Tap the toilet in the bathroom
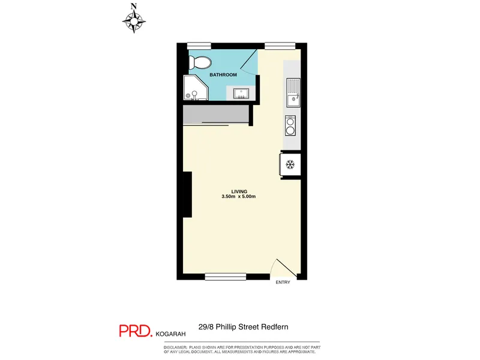pos(200,62)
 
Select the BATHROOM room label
pos(223,74)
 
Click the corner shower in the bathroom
pos(196,88)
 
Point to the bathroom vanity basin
pos(241,94)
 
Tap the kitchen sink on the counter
pos(293,92)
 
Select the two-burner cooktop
pos(290,125)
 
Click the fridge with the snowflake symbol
pos(290,164)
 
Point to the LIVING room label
pos(239,191)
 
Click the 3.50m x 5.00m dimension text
pos(238,197)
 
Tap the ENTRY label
pos(283,282)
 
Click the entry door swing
pos(283,268)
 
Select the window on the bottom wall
pos(226,277)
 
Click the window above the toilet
pos(199,46)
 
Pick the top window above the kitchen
pos(280,46)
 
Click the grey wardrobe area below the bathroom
pos(216,114)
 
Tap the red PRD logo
pos(136,331)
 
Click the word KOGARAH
pos(170,334)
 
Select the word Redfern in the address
pos(275,327)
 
